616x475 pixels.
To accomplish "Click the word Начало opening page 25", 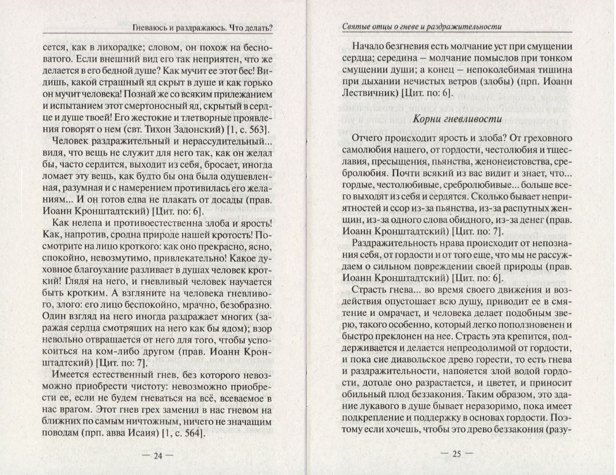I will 369,47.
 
